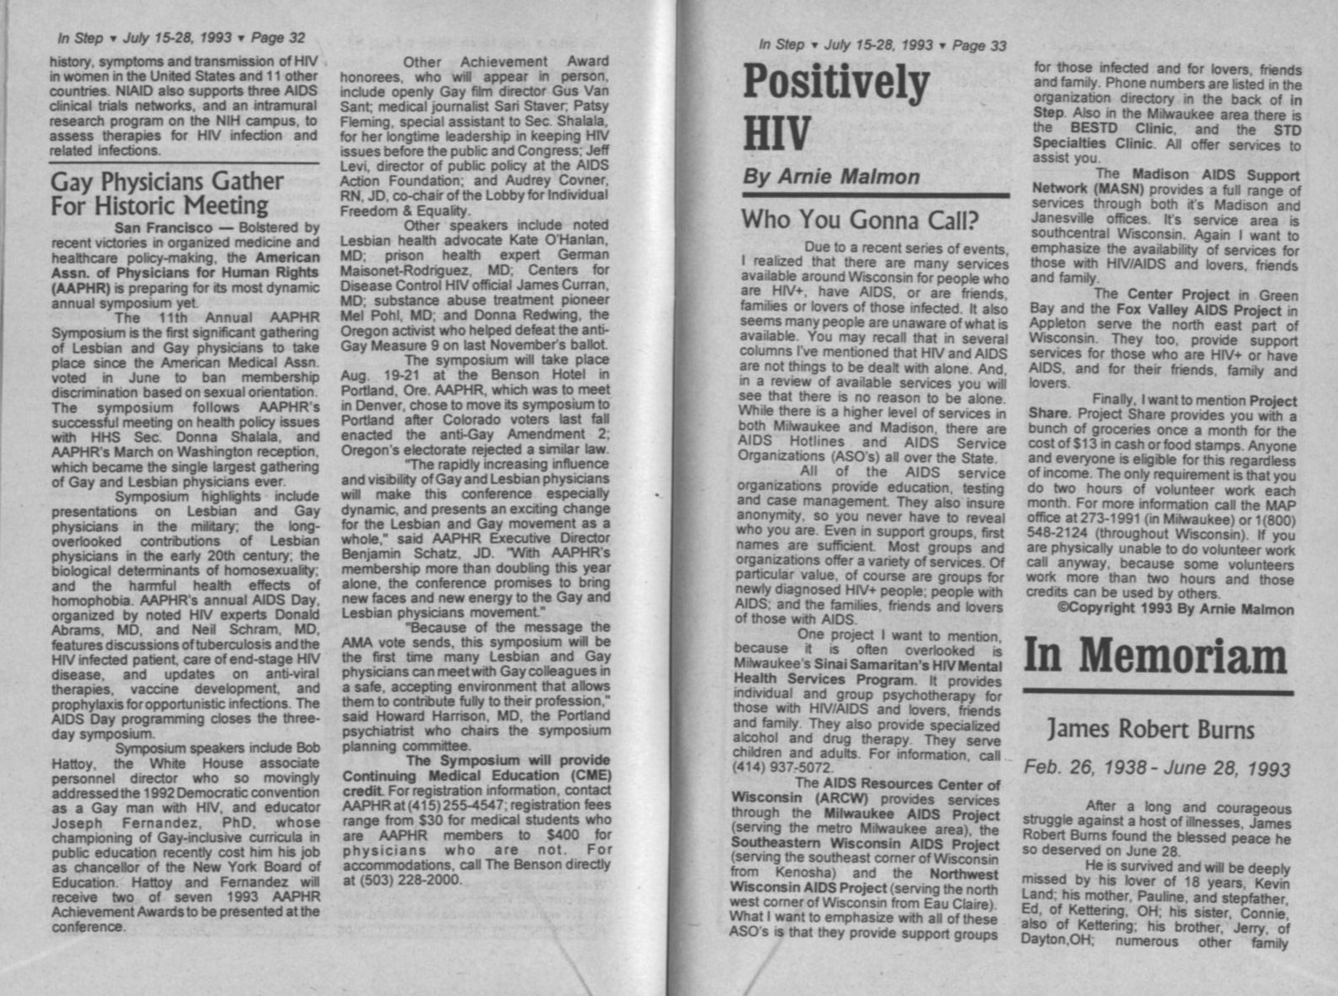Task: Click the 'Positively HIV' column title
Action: pyautogui.click(x=835, y=106)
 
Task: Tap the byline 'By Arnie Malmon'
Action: pyautogui.click(x=830, y=177)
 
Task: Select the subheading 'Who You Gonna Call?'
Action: pyautogui.click(x=859, y=220)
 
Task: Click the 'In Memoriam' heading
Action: pyautogui.click(x=1156, y=656)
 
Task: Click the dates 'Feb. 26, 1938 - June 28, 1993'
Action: pyautogui.click(x=1156, y=769)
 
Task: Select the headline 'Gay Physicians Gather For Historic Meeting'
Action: pyautogui.click(x=166, y=193)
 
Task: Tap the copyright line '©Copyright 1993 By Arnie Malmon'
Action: pyautogui.click(x=1175, y=609)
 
